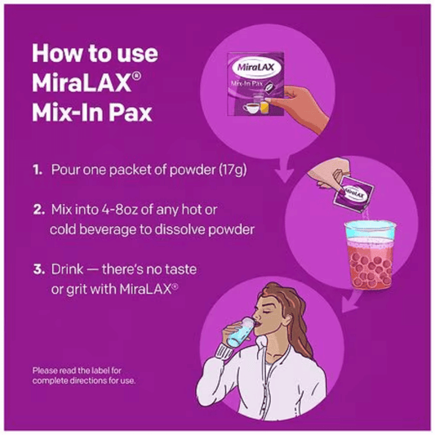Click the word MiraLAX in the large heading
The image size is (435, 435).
point(82,82)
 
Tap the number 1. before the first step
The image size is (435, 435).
point(38,170)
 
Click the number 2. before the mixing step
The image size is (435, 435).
point(38,210)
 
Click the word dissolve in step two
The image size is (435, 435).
point(180,229)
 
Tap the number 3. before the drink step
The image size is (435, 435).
point(39,269)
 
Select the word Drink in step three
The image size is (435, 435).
point(67,269)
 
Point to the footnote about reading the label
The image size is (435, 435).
point(84,375)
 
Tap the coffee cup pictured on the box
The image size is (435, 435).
point(251,108)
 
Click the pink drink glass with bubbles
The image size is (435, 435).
point(371,255)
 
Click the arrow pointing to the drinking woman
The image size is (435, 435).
point(351,300)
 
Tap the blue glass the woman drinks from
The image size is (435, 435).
point(240,332)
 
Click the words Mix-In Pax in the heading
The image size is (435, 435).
point(92,113)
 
